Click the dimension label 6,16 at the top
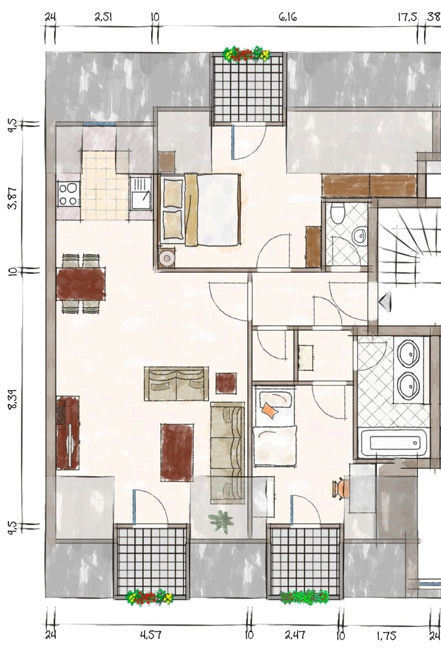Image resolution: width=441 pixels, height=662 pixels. [x=288, y=18]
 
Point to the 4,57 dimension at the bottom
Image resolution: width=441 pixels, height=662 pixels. [x=150, y=635]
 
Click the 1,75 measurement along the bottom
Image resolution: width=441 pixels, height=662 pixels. [x=386, y=635]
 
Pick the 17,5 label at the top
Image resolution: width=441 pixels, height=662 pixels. [x=407, y=18]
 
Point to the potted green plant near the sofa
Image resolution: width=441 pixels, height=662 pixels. [x=222, y=520]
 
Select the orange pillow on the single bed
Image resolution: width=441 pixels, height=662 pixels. [x=270, y=410]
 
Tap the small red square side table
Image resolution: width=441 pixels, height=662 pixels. [x=226, y=382]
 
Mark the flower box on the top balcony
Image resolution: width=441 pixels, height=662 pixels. [x=246, y=54]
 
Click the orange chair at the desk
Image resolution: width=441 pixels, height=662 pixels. [x=341, y=489]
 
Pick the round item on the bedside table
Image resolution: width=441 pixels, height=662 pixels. [x=166, y=257]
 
